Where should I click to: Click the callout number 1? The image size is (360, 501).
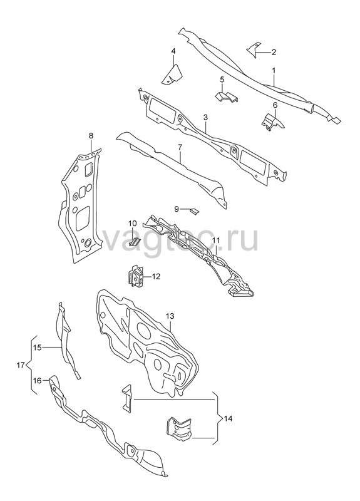click(274, 70)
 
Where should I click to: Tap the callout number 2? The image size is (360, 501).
click(274, 52)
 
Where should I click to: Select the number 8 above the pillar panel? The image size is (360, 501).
click(91, 136)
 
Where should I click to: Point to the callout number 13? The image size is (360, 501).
click(170, 316)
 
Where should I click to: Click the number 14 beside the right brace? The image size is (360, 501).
click(228, 418)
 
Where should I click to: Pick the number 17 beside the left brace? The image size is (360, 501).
click(21, 365)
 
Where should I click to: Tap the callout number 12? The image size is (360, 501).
click(156, 276)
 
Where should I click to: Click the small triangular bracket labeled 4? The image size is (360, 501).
click(172, 75)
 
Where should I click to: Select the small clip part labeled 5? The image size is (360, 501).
click(227, 97)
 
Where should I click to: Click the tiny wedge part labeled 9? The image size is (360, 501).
click(194, 211)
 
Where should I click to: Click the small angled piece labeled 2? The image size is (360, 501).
click(254, 50)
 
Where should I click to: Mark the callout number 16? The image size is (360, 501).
click(38, 381)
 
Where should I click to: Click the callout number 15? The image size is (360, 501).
click(38, 348)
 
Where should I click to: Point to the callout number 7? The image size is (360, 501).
click(180, 147)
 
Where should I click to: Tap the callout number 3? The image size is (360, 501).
click(205, 118)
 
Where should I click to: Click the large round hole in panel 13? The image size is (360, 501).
click(143, 331)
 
